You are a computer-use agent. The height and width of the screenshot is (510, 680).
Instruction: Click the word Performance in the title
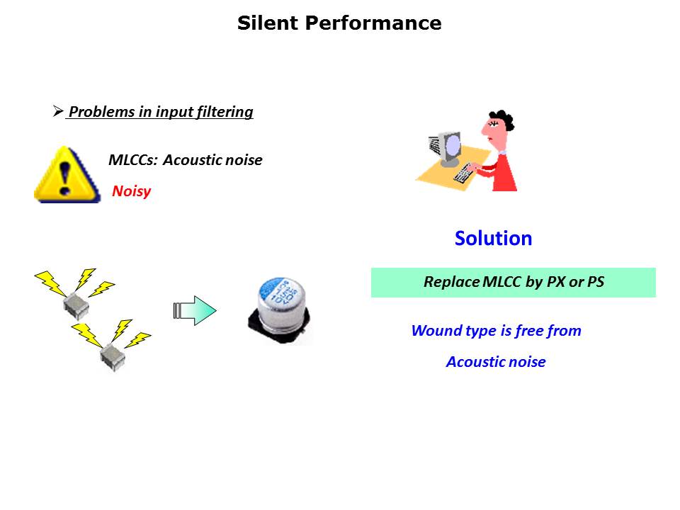click(x=373, y=23)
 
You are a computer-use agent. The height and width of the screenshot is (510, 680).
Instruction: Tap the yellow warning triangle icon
click(x=67, y=175)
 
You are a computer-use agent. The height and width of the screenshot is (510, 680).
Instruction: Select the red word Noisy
click(x=132, y=191)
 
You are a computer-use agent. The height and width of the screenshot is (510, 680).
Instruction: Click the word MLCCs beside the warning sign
click(x=133, y=160)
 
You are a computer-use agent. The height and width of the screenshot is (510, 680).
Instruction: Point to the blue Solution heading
click(x=493, y=238)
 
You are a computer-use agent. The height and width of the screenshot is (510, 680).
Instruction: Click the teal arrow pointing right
click(x=195, y=310)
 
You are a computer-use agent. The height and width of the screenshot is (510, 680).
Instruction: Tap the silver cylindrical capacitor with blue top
click(x=280, y=310)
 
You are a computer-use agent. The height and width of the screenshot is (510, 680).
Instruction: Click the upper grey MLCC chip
click(x=76, y=306)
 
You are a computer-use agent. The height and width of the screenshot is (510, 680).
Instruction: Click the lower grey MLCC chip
click(x=113, y=357)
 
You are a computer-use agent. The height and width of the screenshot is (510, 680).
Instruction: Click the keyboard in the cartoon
click(x=464, y=172)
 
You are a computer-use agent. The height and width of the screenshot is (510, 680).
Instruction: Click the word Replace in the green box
click(x=451, y=282)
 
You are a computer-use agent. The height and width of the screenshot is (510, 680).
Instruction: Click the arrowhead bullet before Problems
click(x=58, y=111)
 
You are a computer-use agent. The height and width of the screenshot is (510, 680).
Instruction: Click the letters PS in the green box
click(x=596, y=282)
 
